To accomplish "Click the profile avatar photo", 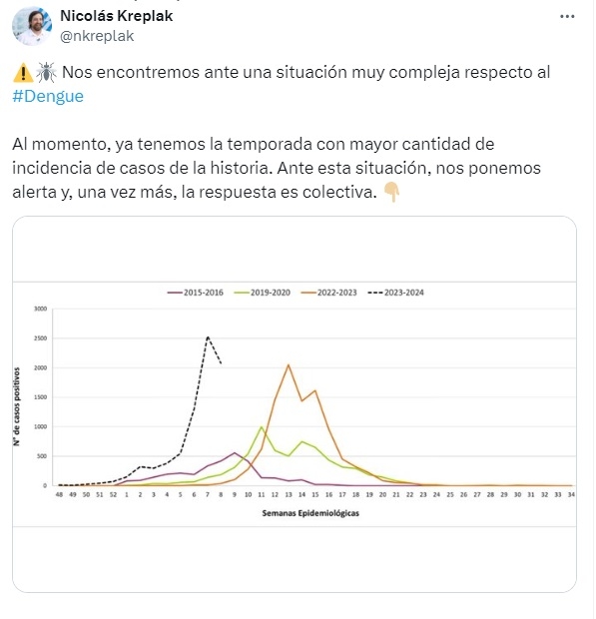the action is point(32,26).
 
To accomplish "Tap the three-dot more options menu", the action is point(567,17).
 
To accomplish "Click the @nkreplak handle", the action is point(97,36).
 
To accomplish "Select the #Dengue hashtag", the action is point(48,96).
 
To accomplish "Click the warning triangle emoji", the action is point(23,73).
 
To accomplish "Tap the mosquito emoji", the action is point(46,72).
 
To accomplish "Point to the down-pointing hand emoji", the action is point(392,193).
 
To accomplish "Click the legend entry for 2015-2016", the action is point(196,293).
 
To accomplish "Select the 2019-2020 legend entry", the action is point(263,293).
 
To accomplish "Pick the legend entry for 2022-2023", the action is point(329,293).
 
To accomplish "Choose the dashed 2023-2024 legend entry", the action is point(396,293).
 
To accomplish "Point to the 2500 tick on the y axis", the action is point(40,338).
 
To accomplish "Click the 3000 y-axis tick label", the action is point(40,309).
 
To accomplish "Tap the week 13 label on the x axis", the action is point(289,494).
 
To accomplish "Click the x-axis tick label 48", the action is point(59,494).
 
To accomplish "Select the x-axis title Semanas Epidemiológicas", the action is point(310,513).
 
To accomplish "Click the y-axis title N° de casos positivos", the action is point(17,406).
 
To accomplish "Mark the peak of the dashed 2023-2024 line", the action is point(208,336).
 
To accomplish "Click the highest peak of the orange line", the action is point(289,364).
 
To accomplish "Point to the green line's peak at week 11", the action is point(262,426).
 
